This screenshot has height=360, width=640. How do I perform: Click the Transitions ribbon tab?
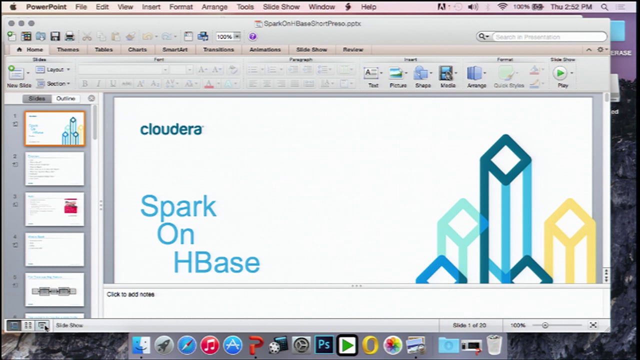click(218, 49)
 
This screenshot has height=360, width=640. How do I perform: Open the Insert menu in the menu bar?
click(151, 7)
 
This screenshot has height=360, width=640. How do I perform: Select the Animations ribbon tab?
click(265, 49)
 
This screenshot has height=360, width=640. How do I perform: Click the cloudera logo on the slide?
click(171, 129)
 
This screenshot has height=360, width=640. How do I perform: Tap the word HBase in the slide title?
click(216, 263)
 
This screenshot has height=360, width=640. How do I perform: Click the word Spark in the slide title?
click(178, 206)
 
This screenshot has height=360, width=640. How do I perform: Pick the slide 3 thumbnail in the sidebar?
click(54, 209)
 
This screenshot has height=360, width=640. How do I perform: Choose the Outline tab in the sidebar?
click(65, 98)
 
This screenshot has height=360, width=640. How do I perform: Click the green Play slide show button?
click(560, 73)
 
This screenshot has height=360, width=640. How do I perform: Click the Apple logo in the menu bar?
click(13, 7)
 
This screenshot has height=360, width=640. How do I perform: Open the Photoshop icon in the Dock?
click(324, 345)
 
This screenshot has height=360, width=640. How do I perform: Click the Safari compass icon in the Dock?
click(187, 345)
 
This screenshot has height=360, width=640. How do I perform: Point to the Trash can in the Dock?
click(494, 345)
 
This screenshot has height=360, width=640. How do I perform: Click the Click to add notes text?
click(130, 294)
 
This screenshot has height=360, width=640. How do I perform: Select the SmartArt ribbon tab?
click(175, 49)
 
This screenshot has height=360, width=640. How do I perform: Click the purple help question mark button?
click(252, 36)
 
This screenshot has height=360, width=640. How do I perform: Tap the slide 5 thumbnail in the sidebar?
click(54, 290)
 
